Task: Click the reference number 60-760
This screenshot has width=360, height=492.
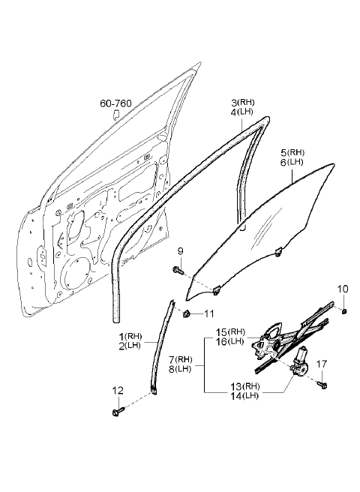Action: [115, 103]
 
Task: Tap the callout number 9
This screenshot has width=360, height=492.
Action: [181, 251]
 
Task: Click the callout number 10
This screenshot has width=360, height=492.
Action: [343, 289]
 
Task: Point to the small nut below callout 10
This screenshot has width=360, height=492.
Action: [344, 311]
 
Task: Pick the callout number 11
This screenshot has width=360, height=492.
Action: [209, 313]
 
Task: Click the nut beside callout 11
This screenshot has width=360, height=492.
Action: [187, 313]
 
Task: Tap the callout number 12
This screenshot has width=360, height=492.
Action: [118, 391]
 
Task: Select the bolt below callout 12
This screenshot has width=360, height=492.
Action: [118, 411]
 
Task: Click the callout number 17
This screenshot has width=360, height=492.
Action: [322, 364]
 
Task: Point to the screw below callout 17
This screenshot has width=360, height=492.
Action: [322, 384]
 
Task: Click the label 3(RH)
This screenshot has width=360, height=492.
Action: [243, 102]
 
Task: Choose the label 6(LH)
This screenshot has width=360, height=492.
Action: [292, 163]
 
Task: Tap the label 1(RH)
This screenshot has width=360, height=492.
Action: [130, 337]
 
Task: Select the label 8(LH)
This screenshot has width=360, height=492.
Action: [180, 369]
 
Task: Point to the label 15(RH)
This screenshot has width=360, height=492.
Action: [231, 331]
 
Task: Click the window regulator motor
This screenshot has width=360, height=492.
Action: [300, 361]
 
